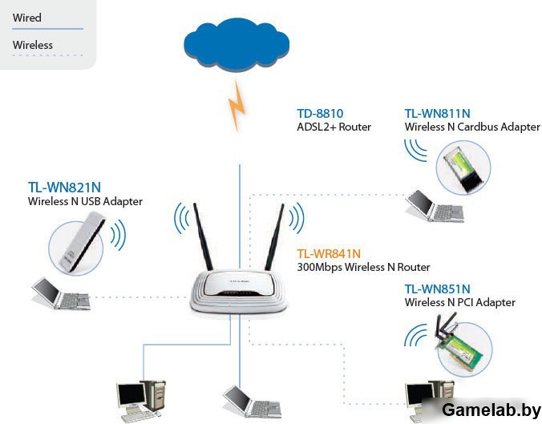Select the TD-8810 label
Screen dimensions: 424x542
(320, 114)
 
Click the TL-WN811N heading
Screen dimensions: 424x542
(437, 114)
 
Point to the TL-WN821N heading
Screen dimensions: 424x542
(64, 188)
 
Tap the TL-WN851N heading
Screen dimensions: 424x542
(437, 289)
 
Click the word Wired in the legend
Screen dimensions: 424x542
(27, 18)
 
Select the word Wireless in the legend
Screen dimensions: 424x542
(33, 45)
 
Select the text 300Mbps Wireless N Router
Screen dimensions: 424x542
(363, 267)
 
